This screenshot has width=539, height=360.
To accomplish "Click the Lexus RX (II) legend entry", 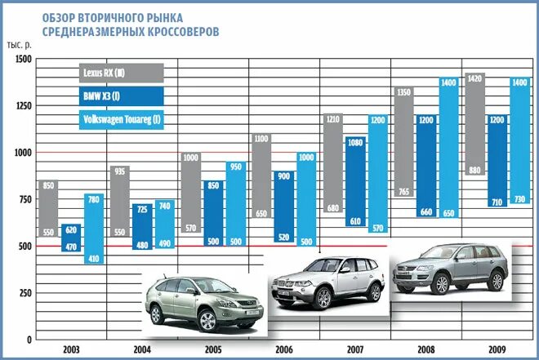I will coord(121,73).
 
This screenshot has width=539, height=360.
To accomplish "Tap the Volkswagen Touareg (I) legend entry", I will coord(121,120).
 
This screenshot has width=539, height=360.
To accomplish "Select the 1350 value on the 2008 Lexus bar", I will coord(403,91).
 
